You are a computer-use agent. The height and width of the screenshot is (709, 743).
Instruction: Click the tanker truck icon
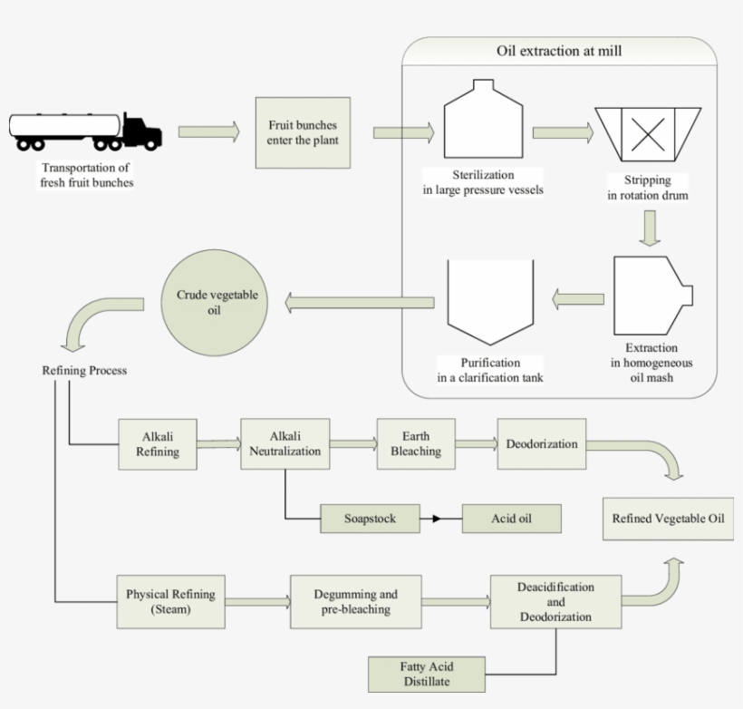pyautogui.click(x=86, y=131)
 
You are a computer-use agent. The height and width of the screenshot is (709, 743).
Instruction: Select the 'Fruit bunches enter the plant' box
pyautogui.click(x=303, y=132)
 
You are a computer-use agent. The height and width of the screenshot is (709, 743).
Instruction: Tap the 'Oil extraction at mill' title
pyautogui.click(x=559, y=52)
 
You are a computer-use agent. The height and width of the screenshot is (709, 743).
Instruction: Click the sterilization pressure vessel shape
pyautogui.click(x=484, y=121)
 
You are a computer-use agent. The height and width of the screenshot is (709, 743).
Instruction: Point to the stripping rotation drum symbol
pyautogui.click(x=648, y=134)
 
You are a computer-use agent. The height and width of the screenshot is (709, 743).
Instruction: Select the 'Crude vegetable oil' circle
pyautogui.click(x=216, y=303)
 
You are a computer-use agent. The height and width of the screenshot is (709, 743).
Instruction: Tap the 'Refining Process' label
pyautogui.click(x=84, y=371)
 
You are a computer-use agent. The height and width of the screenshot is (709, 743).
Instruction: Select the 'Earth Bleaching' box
pyautogui.click(x=416, y=443)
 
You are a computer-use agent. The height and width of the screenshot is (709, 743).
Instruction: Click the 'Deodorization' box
pyautogui.click(x=542, y=443)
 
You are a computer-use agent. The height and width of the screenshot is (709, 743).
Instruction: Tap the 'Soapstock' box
pyautogui.click(x=371, y=519)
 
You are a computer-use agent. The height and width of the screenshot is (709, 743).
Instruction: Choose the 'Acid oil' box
pyautogui.click(x=512, y=519)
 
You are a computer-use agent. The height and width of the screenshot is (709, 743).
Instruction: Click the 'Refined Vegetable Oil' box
pyautogui.click(x=669, y=519)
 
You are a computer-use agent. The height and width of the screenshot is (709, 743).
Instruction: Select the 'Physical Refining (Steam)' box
pyautogui.click(x=170, y=602)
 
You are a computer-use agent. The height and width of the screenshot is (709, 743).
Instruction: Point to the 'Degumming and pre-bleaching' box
pyautogui.click(x=355, y=602)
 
